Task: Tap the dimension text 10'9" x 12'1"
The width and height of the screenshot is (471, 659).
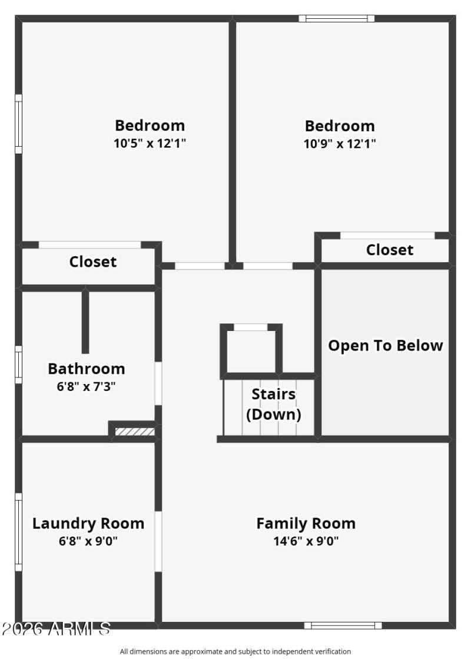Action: (x=340, y=143)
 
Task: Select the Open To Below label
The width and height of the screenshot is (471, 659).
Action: (x=385, y=346)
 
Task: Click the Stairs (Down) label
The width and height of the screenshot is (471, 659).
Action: (x=273, y=404)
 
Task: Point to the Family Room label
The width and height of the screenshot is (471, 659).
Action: (x=306, y=523)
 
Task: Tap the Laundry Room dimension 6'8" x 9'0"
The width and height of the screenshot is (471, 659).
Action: (x=88, y=541)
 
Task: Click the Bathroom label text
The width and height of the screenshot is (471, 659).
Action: (x=87, y=369)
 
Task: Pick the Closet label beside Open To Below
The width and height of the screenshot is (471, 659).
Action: (x=390, y=250)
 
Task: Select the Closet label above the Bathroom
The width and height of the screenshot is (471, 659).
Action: (x=93, y=261)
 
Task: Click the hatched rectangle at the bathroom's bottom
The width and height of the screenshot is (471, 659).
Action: (x=134, y=432)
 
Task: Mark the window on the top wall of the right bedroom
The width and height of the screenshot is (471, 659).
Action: (x=337, y=18)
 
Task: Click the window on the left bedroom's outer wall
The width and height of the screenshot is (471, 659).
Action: (x=18, y=124)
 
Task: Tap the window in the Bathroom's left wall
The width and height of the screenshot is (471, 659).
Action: (x=18, y=365)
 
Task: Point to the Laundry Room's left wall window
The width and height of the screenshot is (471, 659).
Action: (x=18, y=532)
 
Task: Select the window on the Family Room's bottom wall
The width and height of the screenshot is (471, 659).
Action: (x=343, y=625)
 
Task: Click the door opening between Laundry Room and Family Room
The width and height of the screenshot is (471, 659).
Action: (x=158, y=541)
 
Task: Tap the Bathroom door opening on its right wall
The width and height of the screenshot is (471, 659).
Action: (x=158, y=383)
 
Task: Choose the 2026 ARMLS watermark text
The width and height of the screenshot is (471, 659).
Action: (x=56, y=629)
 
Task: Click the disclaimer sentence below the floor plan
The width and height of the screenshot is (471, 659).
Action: (x=235, y=651)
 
